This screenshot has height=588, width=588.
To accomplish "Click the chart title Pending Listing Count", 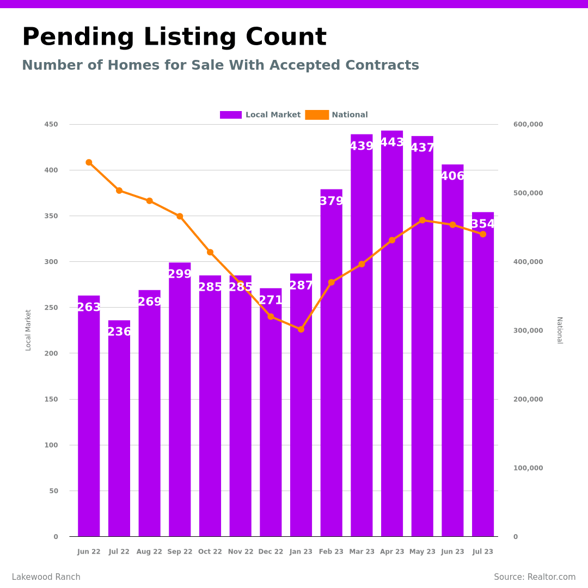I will pyautogui.click(x=174, y=38).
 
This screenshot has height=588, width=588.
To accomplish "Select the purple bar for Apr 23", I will pyautogui.click(x=392, y=338).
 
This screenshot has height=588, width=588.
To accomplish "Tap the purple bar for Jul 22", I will pyautogui.click(x=119, y=430).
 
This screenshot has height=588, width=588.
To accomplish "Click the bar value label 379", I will pyautogui.click(x=331, y=201).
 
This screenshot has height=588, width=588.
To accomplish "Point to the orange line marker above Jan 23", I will pyautogui.click(x=301, y=329).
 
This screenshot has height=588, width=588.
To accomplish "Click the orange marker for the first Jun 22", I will pyautogui.click(x=89, y=162).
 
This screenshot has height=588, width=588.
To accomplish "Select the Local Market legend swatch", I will pyautogui.click(x=231, y=115).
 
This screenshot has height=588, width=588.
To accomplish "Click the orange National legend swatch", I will pyautogui.click(x=317, y=115).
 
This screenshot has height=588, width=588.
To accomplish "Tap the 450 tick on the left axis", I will pyautogui.click(x=51, y=124).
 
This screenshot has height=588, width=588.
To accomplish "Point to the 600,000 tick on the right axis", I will pyautogui.click(x=528, y=124).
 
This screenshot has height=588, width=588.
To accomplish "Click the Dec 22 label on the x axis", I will pyautogui.click(x=271, y=552).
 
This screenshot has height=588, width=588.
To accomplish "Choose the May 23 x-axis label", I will pyautogui.click(x=422, y=552).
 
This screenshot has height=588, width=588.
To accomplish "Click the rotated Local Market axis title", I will pyautogui.click(x=28, y=330).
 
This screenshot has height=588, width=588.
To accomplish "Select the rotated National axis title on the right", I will pyautogui.click(x=559, y=330).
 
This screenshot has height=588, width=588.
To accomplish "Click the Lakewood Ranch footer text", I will pyautogui.click(x=46, y=577).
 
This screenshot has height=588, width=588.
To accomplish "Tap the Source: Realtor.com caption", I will pyautogui.click(x=535, y=577).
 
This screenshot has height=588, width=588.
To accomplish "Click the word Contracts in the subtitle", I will pyautogui.click(x=385, y=66).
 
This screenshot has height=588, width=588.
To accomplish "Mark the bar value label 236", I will pyautogui.click(x=119, y=332).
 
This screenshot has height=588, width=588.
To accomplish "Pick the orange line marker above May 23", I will pyautogui.click(x=422, y=220).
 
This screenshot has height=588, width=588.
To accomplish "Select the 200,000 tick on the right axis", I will pyautogui.click(x=528, y=399).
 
